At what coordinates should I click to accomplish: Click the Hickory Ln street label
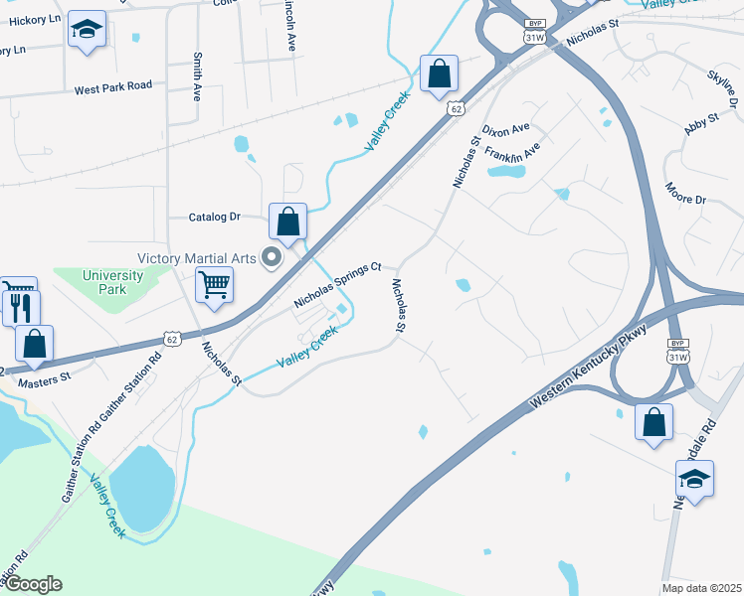pyautogui.click(x=31, y=19)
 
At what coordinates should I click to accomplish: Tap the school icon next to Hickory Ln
pyautogui.click(x=88, y=31)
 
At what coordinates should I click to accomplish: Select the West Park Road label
pyautogui.click(x=113, y=87)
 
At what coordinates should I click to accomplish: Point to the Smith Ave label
pyautogui.click(x=198, y=76)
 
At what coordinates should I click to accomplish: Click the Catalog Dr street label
pyautogui.click(x=215, y=217)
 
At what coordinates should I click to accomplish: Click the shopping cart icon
pyautogui.click(x=215, y=286)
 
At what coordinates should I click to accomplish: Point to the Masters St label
pyautogui.click(x=44, y=377)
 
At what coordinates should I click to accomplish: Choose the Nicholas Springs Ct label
pyautogui.click(x=338, y=284)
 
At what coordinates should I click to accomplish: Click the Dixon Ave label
pyautogui.click(x=505, y=130)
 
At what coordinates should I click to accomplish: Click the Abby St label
pyautogui.click(x=701, y=122)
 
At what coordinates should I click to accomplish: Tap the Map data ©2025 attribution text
pyautogui.click(x=701, y=588)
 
